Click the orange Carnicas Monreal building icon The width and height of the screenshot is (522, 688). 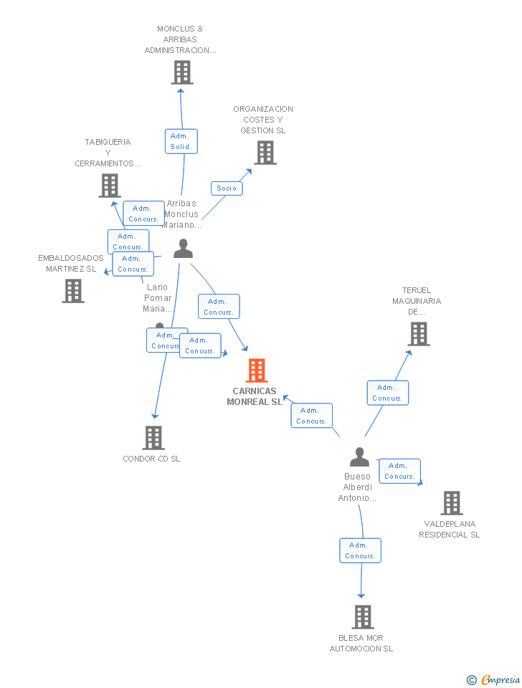point(257,371)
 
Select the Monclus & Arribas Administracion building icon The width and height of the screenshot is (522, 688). point(182,72)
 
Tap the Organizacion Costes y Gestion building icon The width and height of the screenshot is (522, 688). point(265,153)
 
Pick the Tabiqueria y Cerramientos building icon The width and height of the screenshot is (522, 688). point(110,186)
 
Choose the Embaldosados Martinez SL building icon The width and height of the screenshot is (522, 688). point(73,291)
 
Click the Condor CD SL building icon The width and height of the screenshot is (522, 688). point(153,437)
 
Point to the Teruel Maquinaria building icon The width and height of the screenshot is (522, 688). point(419,334)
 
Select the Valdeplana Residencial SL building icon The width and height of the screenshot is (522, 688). point(452,503)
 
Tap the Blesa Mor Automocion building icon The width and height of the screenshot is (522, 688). point(363,617)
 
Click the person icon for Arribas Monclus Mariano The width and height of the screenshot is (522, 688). point(184,249)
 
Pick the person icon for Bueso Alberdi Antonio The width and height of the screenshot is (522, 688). point(359,457)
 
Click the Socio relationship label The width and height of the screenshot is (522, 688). point(227,188)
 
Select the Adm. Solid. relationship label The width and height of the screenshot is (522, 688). point(181,141)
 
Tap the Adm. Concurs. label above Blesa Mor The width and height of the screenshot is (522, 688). point(360,550)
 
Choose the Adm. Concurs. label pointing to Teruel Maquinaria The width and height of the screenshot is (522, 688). point(388,393)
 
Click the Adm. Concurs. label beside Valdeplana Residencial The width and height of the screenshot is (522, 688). point(399,471)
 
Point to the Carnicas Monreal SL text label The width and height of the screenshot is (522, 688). point(255,396)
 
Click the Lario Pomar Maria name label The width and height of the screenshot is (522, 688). point(158,298)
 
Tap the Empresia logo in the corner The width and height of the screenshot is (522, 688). point(494,679)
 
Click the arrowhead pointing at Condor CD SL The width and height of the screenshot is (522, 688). point(154,416)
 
